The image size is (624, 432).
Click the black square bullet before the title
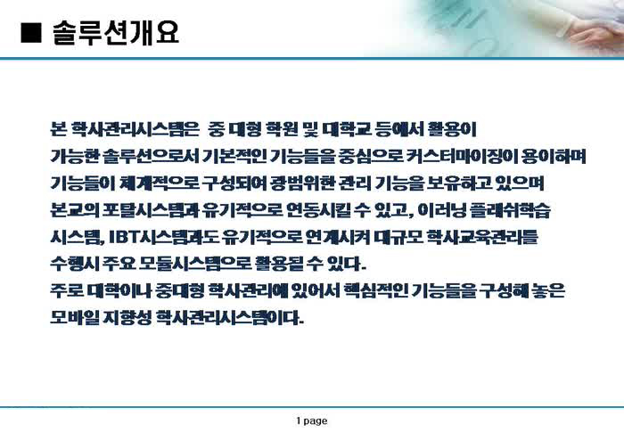[x=31, y=32]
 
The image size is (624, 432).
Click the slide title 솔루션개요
[x=116, y=32]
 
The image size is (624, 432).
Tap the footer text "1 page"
[x=312, y=420]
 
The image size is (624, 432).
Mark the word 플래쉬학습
[x=510, y=209]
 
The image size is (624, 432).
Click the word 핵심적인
[x=375, y=290]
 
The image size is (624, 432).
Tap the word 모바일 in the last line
[x=74, y=317]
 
